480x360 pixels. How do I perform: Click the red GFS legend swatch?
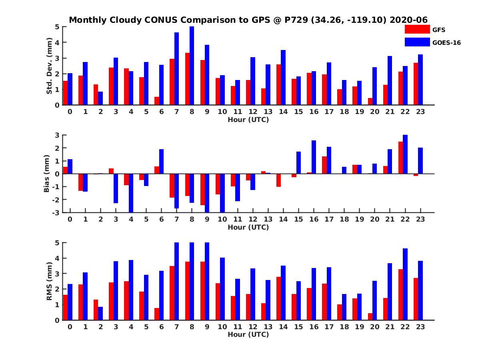[417, 29]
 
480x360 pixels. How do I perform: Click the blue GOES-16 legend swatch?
[417, 42]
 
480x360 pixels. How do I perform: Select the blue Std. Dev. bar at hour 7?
[176, 69]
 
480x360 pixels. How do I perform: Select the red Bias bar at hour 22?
[401, 158]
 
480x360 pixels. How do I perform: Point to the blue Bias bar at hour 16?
[314, 157]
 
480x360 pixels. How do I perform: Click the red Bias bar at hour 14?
[278, 180]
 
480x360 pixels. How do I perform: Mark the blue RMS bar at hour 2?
[100, 313]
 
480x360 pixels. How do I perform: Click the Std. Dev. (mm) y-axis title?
[50, 66]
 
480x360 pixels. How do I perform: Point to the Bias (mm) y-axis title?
[47, 174]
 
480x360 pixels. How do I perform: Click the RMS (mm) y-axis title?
[50, 282]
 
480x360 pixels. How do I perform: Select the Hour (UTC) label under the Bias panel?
[248, 227]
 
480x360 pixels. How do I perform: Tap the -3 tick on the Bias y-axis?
[57, 212]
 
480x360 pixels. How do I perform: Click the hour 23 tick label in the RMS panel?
[420, 326]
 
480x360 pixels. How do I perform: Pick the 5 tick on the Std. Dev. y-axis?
[58, 27]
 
